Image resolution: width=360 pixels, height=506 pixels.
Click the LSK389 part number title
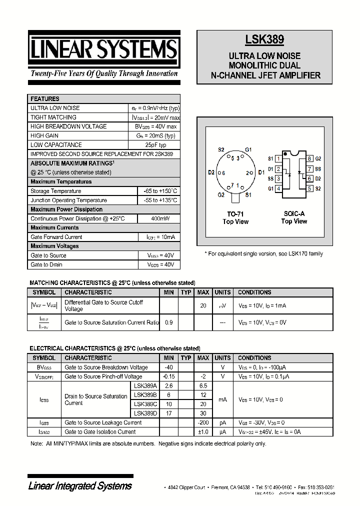tap(265, 40)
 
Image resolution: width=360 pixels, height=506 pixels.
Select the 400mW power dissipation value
tap(159, 218)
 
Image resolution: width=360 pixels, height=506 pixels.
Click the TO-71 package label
tap(235, 213)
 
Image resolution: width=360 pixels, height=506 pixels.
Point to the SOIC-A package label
tap(294, 213)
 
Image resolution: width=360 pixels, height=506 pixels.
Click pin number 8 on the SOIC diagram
tap(310, 158)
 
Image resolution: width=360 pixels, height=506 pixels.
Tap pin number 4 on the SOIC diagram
tap(278, 188)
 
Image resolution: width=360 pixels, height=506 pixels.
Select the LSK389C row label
tap(145, 404)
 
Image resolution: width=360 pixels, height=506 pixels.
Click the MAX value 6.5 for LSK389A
tap(203, 386)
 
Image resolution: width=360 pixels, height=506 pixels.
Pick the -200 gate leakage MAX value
tap(203, 422)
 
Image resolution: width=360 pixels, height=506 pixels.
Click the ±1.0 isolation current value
tap(203, 431)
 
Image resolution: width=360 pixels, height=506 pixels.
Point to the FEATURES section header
tap(45, 99)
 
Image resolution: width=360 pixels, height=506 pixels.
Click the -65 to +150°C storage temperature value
tap(159, 191)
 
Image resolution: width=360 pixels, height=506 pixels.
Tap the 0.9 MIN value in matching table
tap(168, 322)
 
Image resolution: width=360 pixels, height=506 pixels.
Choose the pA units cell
tap(222, 422)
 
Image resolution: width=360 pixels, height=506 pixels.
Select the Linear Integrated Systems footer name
tap(80, 486)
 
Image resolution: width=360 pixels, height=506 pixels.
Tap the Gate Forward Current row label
tap(56, 237)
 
